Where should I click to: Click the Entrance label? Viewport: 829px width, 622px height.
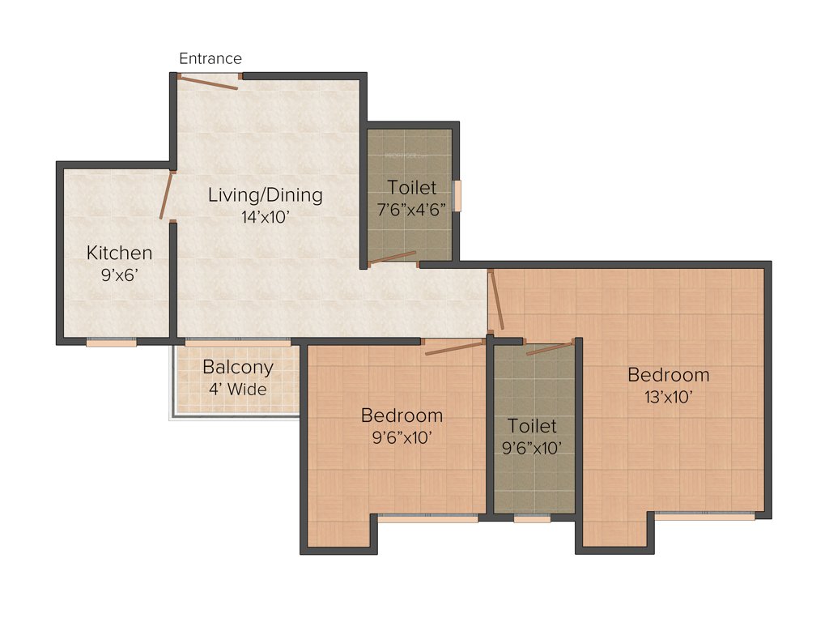[210, 58]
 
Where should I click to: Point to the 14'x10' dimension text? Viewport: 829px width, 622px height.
[265, 216]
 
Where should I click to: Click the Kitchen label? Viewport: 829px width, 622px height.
[119, 253]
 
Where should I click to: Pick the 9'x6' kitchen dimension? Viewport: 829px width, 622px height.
[119, 275]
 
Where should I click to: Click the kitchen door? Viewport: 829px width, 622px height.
[167, 194]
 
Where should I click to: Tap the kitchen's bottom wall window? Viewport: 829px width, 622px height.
[111, 343]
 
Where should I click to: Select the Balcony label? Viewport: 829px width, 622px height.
[237, 368]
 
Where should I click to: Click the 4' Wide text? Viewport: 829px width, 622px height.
[237, 389]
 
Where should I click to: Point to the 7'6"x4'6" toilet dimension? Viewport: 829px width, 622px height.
[411, 209]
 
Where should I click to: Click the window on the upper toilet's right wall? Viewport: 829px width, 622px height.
[457, 195]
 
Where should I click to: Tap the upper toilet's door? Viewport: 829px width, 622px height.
[393, 258]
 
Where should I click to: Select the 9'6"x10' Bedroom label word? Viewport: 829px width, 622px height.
[402, 415]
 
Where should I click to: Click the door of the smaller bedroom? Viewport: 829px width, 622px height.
[455, 347]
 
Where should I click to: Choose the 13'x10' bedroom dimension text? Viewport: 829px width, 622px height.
[668, 397]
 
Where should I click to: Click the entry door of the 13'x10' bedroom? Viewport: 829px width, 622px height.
[495, 300]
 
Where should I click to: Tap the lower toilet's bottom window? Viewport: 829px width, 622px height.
[532, 518]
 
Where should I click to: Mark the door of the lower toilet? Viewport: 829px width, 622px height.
[551, 348]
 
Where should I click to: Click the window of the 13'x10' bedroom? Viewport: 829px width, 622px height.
[704, 516]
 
